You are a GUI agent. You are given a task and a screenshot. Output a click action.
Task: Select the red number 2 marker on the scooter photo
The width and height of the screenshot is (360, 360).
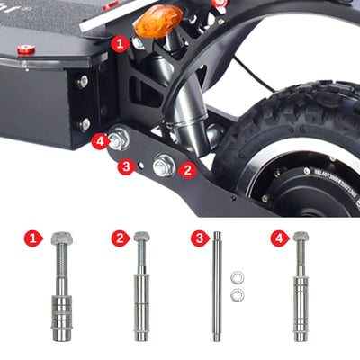coord(187,167)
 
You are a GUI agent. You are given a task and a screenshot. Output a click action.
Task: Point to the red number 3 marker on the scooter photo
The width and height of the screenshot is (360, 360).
coord(127,167)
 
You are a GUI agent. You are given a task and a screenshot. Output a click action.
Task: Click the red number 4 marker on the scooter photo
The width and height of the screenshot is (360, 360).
coord(102,140)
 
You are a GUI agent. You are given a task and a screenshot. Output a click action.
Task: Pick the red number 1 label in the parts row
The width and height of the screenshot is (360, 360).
coord(33,238)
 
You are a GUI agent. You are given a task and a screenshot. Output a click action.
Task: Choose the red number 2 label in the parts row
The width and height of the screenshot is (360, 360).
coord(120,238)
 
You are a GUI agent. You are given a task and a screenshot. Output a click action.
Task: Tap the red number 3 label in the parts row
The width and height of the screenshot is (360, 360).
coord(197,238)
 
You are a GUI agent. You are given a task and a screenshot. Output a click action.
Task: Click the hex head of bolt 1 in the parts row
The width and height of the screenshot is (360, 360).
coord(62,238)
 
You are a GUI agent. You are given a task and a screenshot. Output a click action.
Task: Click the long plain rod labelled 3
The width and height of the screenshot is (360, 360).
coord(216,288)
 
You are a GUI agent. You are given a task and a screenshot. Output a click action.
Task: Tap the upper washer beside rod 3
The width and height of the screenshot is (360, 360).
coord(238,276)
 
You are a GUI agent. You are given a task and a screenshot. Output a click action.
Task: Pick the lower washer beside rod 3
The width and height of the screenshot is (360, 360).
coord(238,294)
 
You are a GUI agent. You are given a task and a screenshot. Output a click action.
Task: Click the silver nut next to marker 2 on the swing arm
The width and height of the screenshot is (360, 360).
coord(165,165)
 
